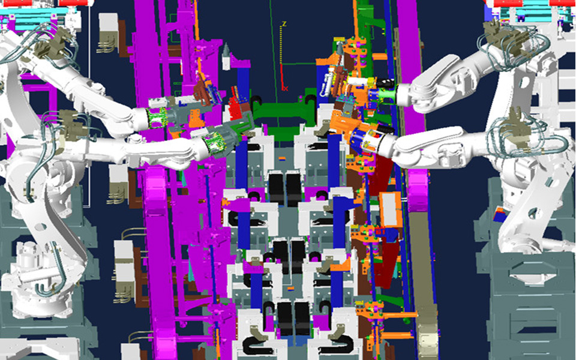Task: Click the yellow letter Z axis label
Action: [x=284, y=24]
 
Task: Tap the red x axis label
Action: [x=286, y=89]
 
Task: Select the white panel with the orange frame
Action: [x=391, y=209]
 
